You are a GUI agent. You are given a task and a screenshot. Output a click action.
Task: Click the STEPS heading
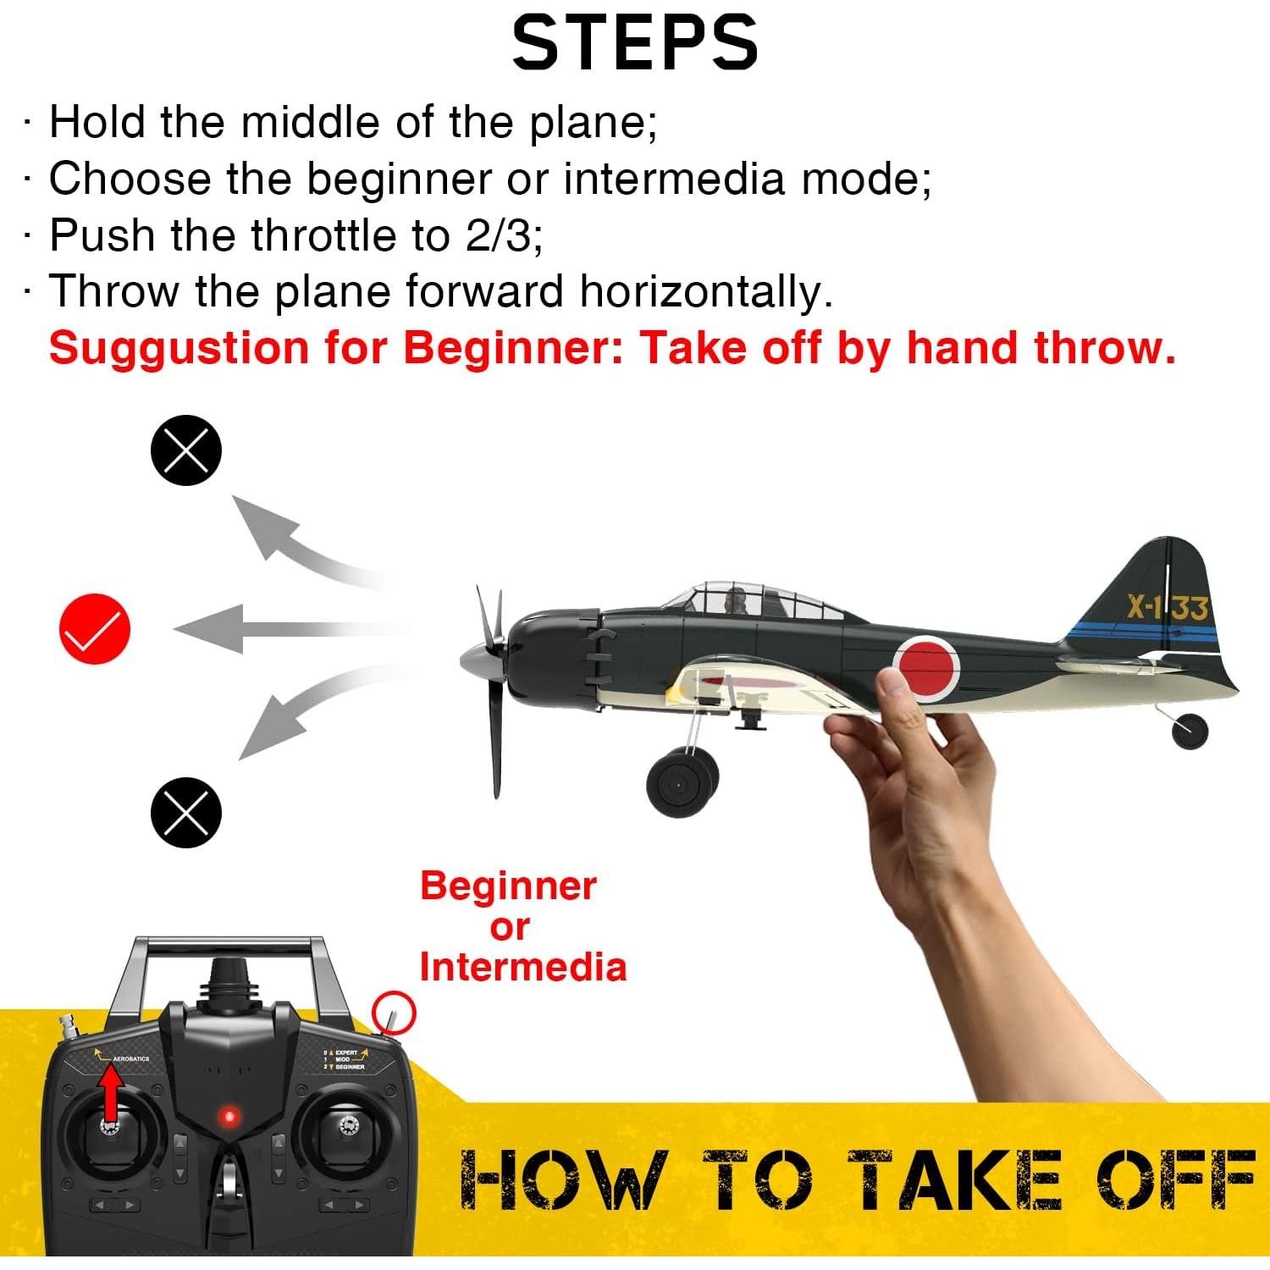point(634,43)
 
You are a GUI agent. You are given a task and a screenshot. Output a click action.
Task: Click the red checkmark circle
point(95,628)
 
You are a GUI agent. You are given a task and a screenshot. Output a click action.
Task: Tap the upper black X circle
point(186,450)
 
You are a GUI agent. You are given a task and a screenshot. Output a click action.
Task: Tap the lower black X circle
point(186,812)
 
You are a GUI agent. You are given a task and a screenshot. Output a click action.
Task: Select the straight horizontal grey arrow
point(292,629)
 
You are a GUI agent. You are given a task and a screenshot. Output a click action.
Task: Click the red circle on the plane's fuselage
point(926,669)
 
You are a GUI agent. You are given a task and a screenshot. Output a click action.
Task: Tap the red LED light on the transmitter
point(228,1117)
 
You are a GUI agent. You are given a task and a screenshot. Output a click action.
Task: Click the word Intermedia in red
point(523,967)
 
